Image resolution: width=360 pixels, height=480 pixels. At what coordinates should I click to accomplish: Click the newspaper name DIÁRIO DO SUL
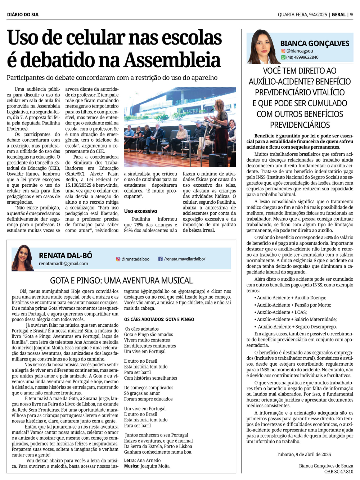(23, 15)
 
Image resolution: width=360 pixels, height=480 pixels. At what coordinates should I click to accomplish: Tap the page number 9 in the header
(351, 15)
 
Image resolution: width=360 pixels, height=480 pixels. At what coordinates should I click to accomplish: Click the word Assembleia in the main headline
(172, 60)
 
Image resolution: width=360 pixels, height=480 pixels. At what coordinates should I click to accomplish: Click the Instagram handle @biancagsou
(300, 51)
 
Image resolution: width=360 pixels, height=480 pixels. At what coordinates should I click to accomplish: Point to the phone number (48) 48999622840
(302, 57)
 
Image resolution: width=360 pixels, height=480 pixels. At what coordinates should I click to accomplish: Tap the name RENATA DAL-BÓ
(66, 255)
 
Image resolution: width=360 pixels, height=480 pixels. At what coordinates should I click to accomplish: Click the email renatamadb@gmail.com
(63, 263)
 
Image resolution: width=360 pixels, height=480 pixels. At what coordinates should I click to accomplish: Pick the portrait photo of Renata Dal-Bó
(23, 258)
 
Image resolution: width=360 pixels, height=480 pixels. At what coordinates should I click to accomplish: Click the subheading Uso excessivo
(140, 211)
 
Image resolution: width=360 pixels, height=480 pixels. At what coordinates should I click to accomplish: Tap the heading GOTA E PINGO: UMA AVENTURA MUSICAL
(121, 281)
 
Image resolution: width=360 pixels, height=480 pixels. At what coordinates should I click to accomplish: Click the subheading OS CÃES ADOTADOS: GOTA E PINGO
(159, 320)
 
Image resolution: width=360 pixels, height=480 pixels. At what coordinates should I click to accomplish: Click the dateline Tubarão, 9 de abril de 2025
(304, 454)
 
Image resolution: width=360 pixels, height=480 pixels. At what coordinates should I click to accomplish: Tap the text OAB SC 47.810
(338, 471)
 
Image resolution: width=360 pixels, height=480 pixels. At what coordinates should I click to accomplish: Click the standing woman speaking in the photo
(220, 124)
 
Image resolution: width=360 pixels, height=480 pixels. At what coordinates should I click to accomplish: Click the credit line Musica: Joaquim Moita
(147, 466)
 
